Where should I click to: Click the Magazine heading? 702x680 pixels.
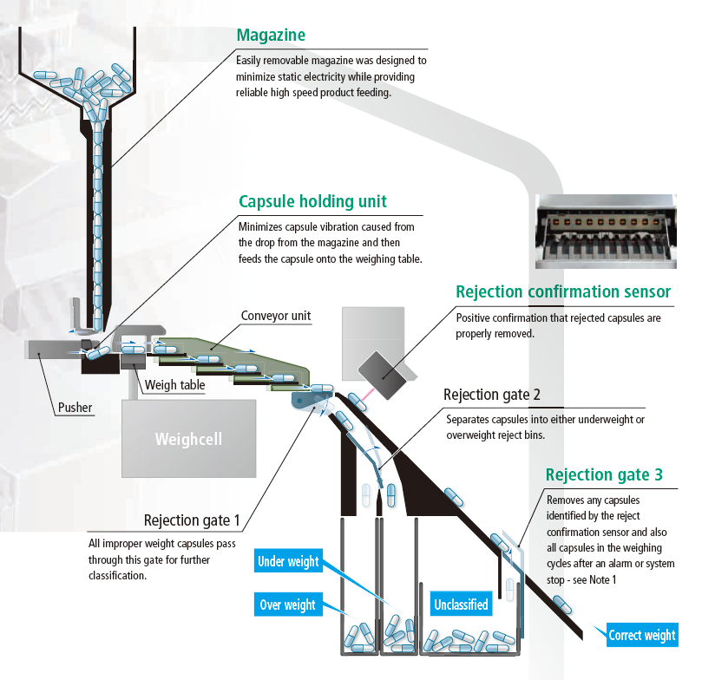point(271,36)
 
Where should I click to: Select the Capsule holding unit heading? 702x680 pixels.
point(312,203)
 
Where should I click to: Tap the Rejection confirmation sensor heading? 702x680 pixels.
point(562,292)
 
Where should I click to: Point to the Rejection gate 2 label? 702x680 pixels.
point(492,396)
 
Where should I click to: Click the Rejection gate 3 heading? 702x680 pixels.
point(604,474)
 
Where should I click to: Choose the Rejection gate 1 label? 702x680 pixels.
point(192,520)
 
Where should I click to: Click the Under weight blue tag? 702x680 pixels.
point(287,561)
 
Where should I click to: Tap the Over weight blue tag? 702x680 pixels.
point(287,605)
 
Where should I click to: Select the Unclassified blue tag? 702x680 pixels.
point(460,605)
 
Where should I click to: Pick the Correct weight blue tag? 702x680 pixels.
point(641,635)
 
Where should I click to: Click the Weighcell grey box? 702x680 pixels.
point(188,439)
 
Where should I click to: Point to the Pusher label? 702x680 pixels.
point(75,407)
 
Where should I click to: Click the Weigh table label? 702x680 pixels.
point(176,384)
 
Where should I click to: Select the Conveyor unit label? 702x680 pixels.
point(275,316)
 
